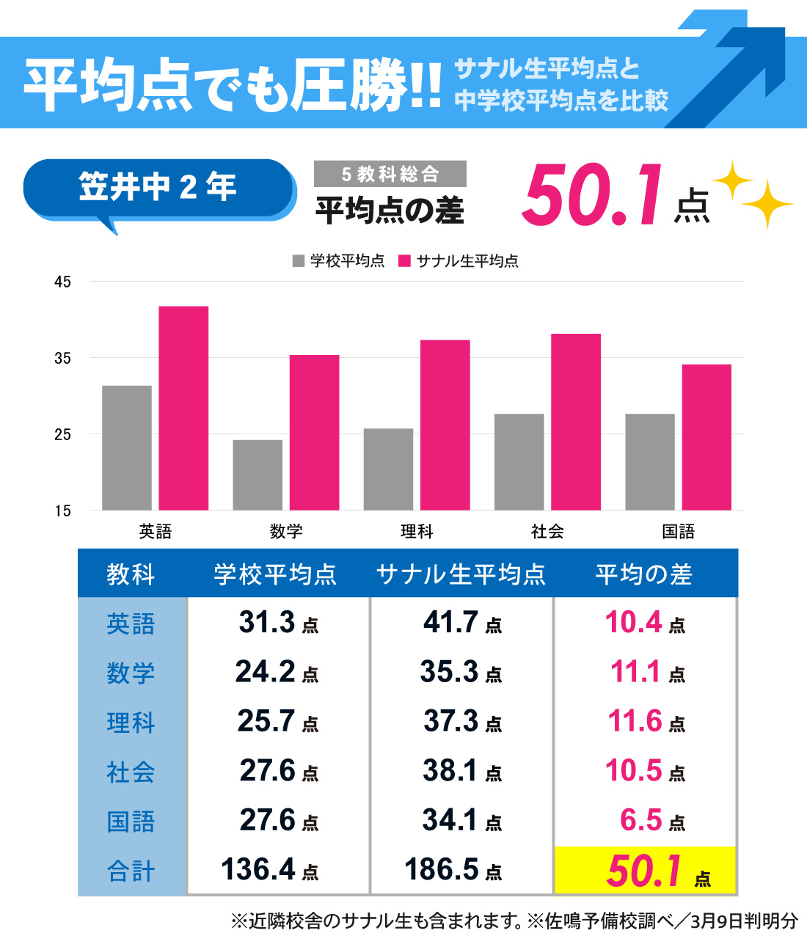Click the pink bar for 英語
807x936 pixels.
[x=183, y=408]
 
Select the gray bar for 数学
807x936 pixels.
[x=258, y=475]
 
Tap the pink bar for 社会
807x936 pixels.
[x=576, y=422]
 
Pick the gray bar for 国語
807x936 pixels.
[x=650, y=461]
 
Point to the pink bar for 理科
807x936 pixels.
[x=445, y=425]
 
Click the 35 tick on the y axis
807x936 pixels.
[x=62, y=358]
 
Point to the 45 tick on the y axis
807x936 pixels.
[x=62, y=282]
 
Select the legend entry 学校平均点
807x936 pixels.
[x=339, y=261]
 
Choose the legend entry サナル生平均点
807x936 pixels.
[x=459, y=261]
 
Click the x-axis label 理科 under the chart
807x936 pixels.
[x=417, y=531]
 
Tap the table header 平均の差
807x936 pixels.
[x=643, y=574]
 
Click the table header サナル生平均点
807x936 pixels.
[x=461, y=574]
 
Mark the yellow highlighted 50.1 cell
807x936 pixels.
[x=646, y=871]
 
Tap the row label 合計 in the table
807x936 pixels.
[x=131, y=871]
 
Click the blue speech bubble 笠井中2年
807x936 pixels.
[x=158, y=187]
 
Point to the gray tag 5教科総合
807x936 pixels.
[x=390, y=174]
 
